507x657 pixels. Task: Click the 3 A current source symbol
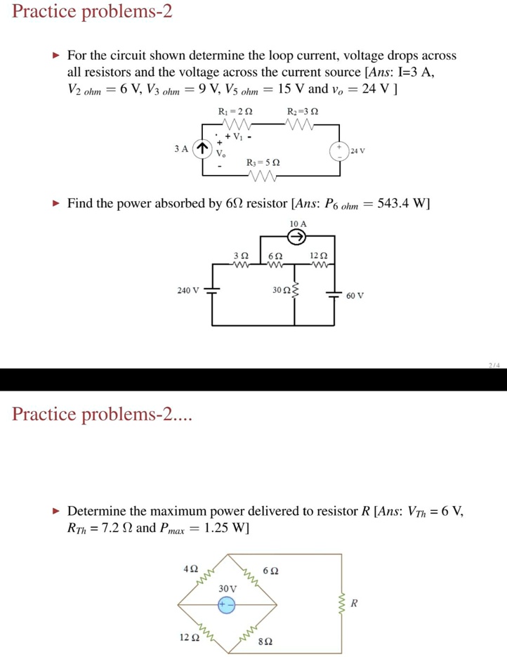(202, 148)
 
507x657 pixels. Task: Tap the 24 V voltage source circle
(339, 151)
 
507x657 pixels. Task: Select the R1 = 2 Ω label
(235, 111)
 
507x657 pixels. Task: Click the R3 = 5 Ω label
(264, 162)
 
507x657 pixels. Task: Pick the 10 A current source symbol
(298, 237)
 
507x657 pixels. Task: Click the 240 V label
(188, 290)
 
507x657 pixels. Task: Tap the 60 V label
(355, 296)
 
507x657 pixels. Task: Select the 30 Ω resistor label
(282, 290)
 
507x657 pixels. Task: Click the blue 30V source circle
(226, 604)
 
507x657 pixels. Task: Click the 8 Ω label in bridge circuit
(265, 642)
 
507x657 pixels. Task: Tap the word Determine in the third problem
(103, 511)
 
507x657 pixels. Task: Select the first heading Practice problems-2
(92, 13)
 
